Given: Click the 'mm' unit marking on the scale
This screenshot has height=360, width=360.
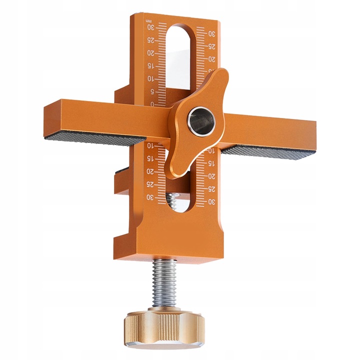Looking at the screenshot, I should tap(148, 21).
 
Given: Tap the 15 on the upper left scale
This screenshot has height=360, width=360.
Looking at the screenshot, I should tap(150, 66).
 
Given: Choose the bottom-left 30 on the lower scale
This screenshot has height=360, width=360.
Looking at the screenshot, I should tap(149, 197).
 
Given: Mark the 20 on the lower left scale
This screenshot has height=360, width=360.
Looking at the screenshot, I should tap(149, 171).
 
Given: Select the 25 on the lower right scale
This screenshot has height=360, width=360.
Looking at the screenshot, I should tap(211, 189).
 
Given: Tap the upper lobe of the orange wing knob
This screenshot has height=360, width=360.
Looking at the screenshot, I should tap(218, 80).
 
